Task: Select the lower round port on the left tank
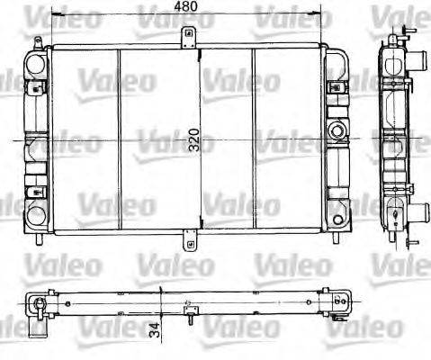36,214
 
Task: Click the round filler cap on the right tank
339,132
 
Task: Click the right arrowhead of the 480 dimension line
319,15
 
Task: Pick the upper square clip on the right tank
335,87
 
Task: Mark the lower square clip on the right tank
335,191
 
